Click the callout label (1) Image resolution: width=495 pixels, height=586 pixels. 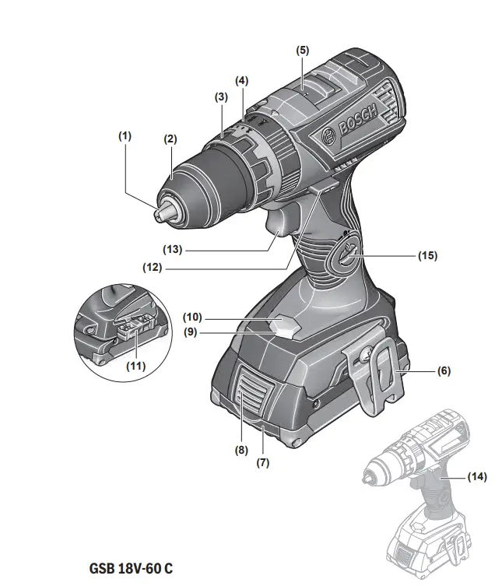pos(125,135)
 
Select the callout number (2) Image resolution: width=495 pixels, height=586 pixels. pos(170,139)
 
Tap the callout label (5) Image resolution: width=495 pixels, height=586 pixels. pos(302,50)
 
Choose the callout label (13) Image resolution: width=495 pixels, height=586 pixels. pos(174,250)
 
